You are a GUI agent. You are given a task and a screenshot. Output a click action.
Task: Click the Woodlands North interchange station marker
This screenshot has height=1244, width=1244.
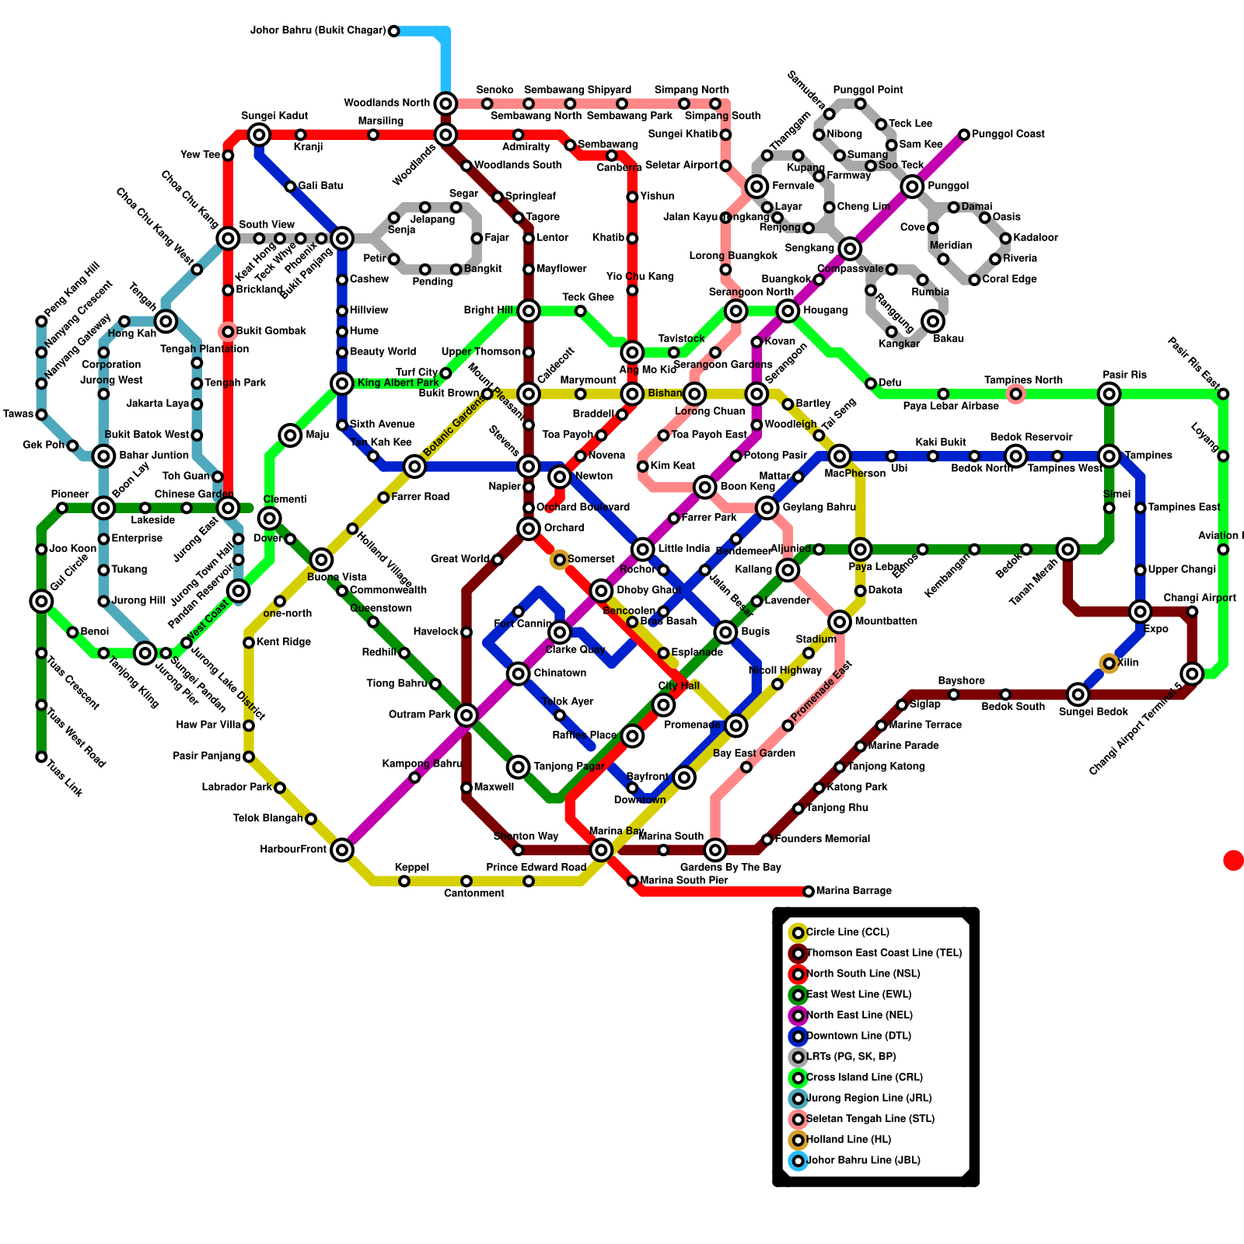coord(446,103)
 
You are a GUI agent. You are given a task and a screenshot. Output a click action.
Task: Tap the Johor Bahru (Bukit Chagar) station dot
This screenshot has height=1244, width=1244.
coord(393,31)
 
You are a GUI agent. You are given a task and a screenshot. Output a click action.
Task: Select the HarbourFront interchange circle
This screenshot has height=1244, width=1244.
coord(342,850)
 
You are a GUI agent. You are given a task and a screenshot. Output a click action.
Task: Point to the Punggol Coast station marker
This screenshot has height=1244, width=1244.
coord(964,135)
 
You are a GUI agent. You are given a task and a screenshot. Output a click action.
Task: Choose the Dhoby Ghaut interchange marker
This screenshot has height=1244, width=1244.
coord(601,591)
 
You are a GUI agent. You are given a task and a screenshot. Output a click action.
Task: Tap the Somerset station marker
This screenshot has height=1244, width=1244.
coord(560,560)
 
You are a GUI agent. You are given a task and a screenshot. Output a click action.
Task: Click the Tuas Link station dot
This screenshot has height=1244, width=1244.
coord(41,757)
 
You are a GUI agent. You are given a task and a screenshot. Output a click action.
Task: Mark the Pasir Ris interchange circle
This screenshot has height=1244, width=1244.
coord(1109,394)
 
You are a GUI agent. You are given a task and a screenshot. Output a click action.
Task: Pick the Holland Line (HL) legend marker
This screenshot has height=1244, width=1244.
coord(798,1140)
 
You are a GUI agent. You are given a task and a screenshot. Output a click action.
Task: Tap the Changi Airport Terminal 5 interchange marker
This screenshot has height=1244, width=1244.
coord(1193,673)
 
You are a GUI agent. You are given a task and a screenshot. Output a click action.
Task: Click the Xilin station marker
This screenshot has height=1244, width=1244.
coord(1109,663)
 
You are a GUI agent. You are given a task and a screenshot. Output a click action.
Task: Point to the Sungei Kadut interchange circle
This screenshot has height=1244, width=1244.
coord(260,135)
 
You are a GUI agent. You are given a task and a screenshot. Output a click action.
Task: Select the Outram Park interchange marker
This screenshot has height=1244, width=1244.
coord(466,715)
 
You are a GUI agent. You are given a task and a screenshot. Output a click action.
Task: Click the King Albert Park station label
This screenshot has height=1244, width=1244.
coord(398,383)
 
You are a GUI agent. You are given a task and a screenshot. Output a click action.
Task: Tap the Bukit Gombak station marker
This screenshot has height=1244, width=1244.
coord(228,332)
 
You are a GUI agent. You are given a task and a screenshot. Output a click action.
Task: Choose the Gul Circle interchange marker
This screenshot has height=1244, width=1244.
coord(41,601)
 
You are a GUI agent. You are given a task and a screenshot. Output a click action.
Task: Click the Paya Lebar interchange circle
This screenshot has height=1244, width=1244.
coord(860,550)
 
